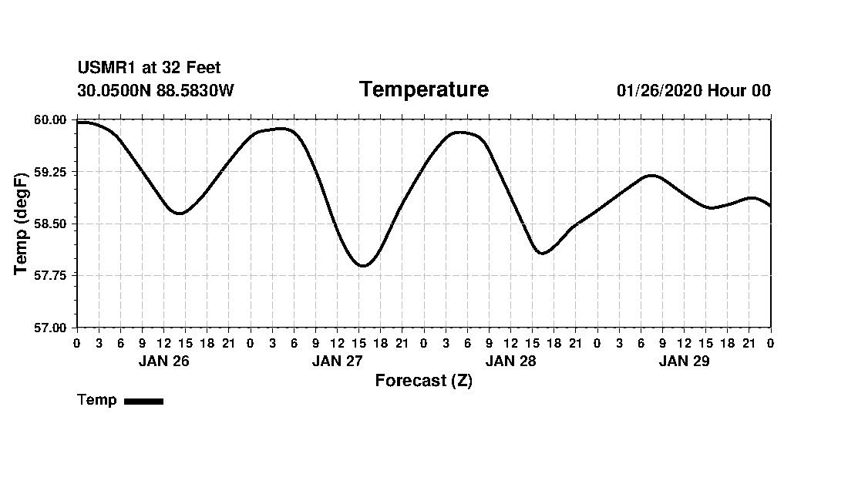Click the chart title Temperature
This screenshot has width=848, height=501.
click(x=423, y=89)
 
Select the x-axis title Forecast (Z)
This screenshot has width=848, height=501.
click(x=423, y=380)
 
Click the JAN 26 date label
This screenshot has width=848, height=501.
click(x=163, y=361)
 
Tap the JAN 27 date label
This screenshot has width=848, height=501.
click(x=337, y=361)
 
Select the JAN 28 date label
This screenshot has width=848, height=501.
click(x=510, y=361)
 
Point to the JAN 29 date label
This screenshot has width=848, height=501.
click(x=684, y=361)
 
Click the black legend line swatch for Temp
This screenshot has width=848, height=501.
click(x=143, y=401)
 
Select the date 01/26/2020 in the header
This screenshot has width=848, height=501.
click(x=659, y=90)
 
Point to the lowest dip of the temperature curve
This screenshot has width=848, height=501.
click(x=363, y=266)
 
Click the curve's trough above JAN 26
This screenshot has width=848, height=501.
click(x=180, y=214)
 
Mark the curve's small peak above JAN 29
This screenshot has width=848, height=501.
click(x=652, y=176)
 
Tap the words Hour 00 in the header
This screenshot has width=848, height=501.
click(x=739, y=90)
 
